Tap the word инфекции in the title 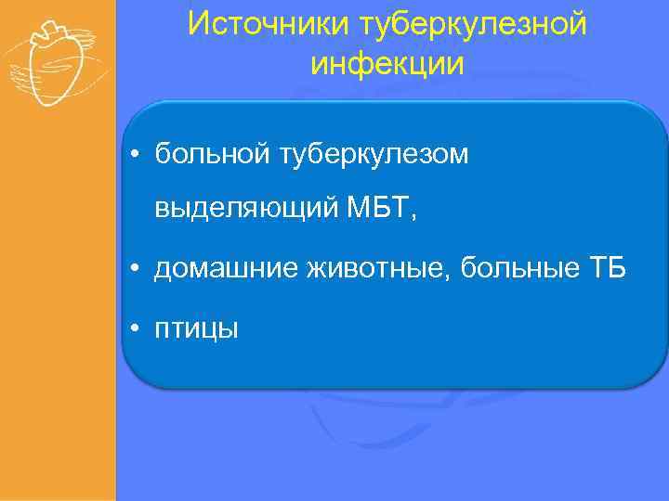[x=387, y=63]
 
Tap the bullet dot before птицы [x=136, y=328]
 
